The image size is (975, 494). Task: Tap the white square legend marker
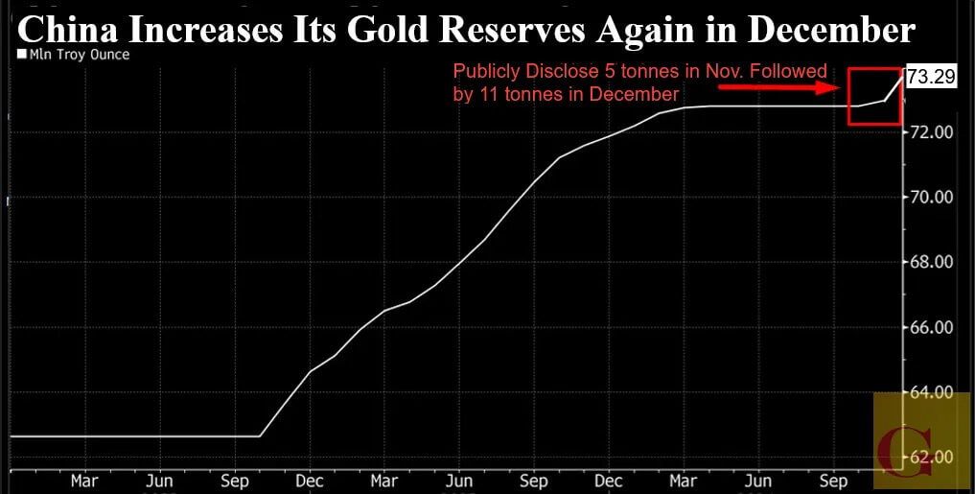(22, 56)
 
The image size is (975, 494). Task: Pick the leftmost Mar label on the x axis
(84, 479)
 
